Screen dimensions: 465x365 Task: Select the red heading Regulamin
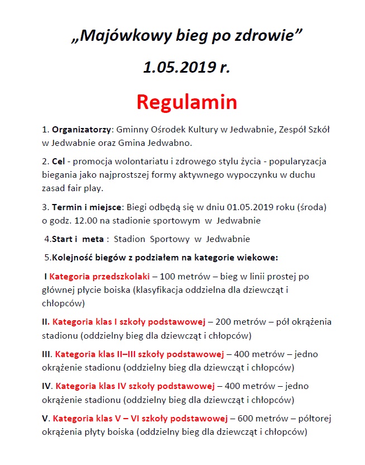point(187,102)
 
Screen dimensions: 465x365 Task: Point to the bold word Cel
point(59,162)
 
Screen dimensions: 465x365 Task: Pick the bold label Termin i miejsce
point(87,207)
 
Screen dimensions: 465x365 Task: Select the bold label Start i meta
point(78,239)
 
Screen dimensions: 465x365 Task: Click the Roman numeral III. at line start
point(48,354)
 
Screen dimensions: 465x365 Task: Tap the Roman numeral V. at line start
point(46,418)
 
